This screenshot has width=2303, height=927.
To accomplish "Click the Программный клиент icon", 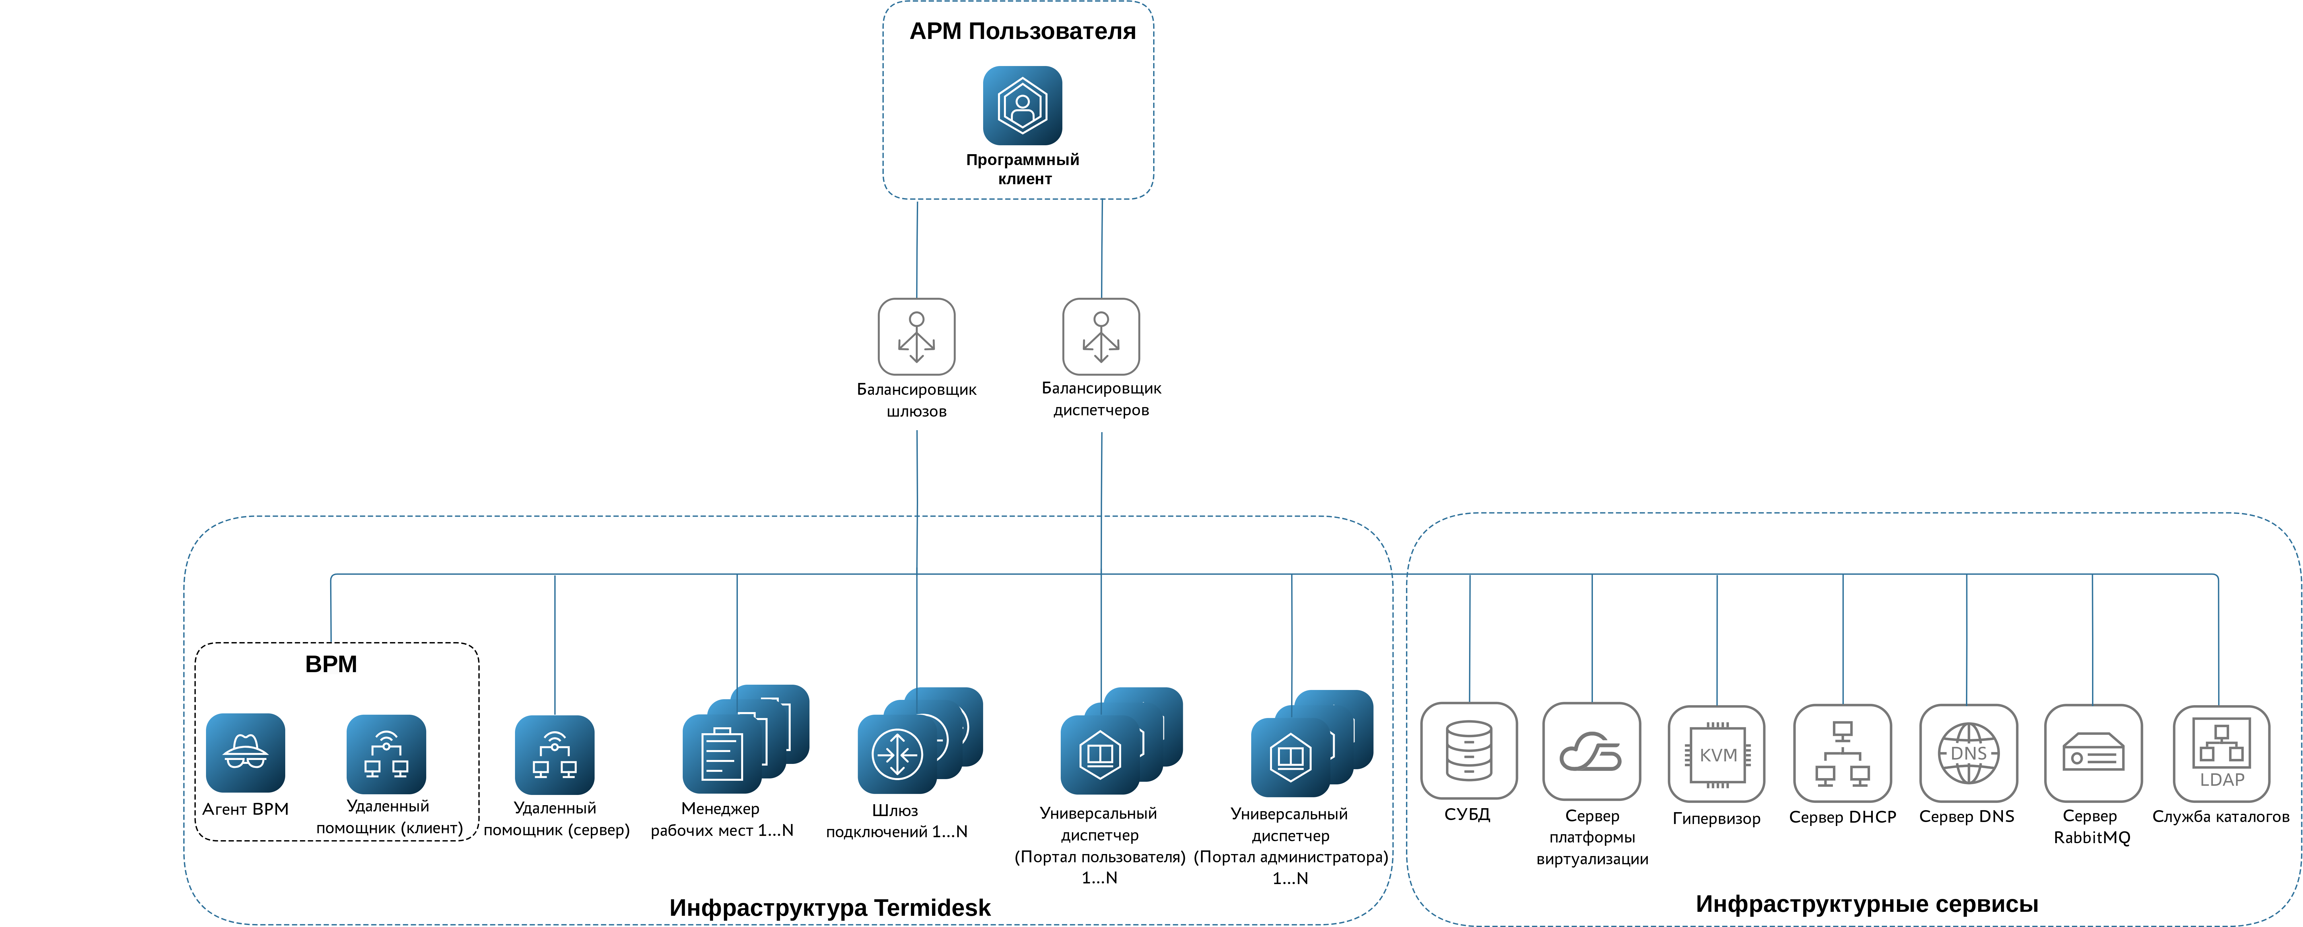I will (1022, 106).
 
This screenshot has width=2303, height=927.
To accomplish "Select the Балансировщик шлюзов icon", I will (916, 336).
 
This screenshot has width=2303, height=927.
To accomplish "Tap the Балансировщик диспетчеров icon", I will (1101, 336).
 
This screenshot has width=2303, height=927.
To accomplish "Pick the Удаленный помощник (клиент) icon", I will (386, 754).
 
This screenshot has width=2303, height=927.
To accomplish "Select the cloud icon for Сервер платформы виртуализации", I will (1591, 751).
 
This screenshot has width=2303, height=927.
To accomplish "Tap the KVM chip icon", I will (1717, 754).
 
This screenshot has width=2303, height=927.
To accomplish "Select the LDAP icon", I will (2221, 754).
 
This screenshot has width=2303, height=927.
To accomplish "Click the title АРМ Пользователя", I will (1022, 31).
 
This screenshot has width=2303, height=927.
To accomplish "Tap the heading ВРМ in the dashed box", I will (331, 664).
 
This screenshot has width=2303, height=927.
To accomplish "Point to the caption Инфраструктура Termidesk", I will (830, 907).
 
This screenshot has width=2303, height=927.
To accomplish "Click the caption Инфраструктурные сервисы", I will (1867, 904).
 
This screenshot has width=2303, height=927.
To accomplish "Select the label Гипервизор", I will (1717, 818).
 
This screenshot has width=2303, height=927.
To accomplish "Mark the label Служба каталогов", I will (2221, 816).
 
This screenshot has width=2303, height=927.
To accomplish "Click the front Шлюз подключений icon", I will (897, 754).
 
